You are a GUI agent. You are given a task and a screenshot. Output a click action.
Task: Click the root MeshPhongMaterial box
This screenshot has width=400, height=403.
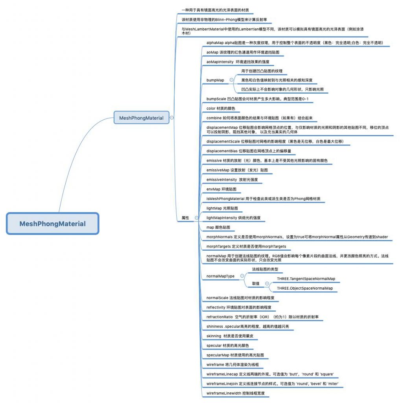53,224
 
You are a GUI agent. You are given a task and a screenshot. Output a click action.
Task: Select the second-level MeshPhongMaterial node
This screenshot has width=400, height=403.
141,118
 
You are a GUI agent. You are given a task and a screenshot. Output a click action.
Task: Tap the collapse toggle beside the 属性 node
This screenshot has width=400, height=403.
197,218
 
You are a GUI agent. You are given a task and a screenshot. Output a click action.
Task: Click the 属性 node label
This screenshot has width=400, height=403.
185,218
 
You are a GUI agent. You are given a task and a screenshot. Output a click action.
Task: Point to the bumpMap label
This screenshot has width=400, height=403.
215,80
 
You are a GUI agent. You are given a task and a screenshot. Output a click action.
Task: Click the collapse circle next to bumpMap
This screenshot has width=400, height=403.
232,80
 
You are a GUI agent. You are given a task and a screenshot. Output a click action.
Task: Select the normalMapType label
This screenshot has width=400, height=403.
220,276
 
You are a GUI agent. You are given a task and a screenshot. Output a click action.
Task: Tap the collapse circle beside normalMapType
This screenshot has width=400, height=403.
242,276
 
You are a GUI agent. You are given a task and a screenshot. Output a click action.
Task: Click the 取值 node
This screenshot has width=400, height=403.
256,283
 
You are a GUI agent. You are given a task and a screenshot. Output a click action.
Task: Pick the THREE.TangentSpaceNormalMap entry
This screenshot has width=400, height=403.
306,279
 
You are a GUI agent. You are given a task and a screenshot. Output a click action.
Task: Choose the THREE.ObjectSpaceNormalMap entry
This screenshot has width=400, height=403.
305,288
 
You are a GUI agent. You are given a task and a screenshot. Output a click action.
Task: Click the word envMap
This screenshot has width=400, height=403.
214,189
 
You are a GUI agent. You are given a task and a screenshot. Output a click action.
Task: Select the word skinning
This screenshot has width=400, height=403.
214,336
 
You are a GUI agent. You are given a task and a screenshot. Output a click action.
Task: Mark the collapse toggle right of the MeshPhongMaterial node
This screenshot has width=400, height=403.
171,117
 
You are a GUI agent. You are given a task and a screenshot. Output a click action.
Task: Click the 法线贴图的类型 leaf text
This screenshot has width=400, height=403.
265,269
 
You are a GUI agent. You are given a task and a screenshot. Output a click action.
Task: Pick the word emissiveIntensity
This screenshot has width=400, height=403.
221,179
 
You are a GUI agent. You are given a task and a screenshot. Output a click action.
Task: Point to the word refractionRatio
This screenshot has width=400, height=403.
219,317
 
